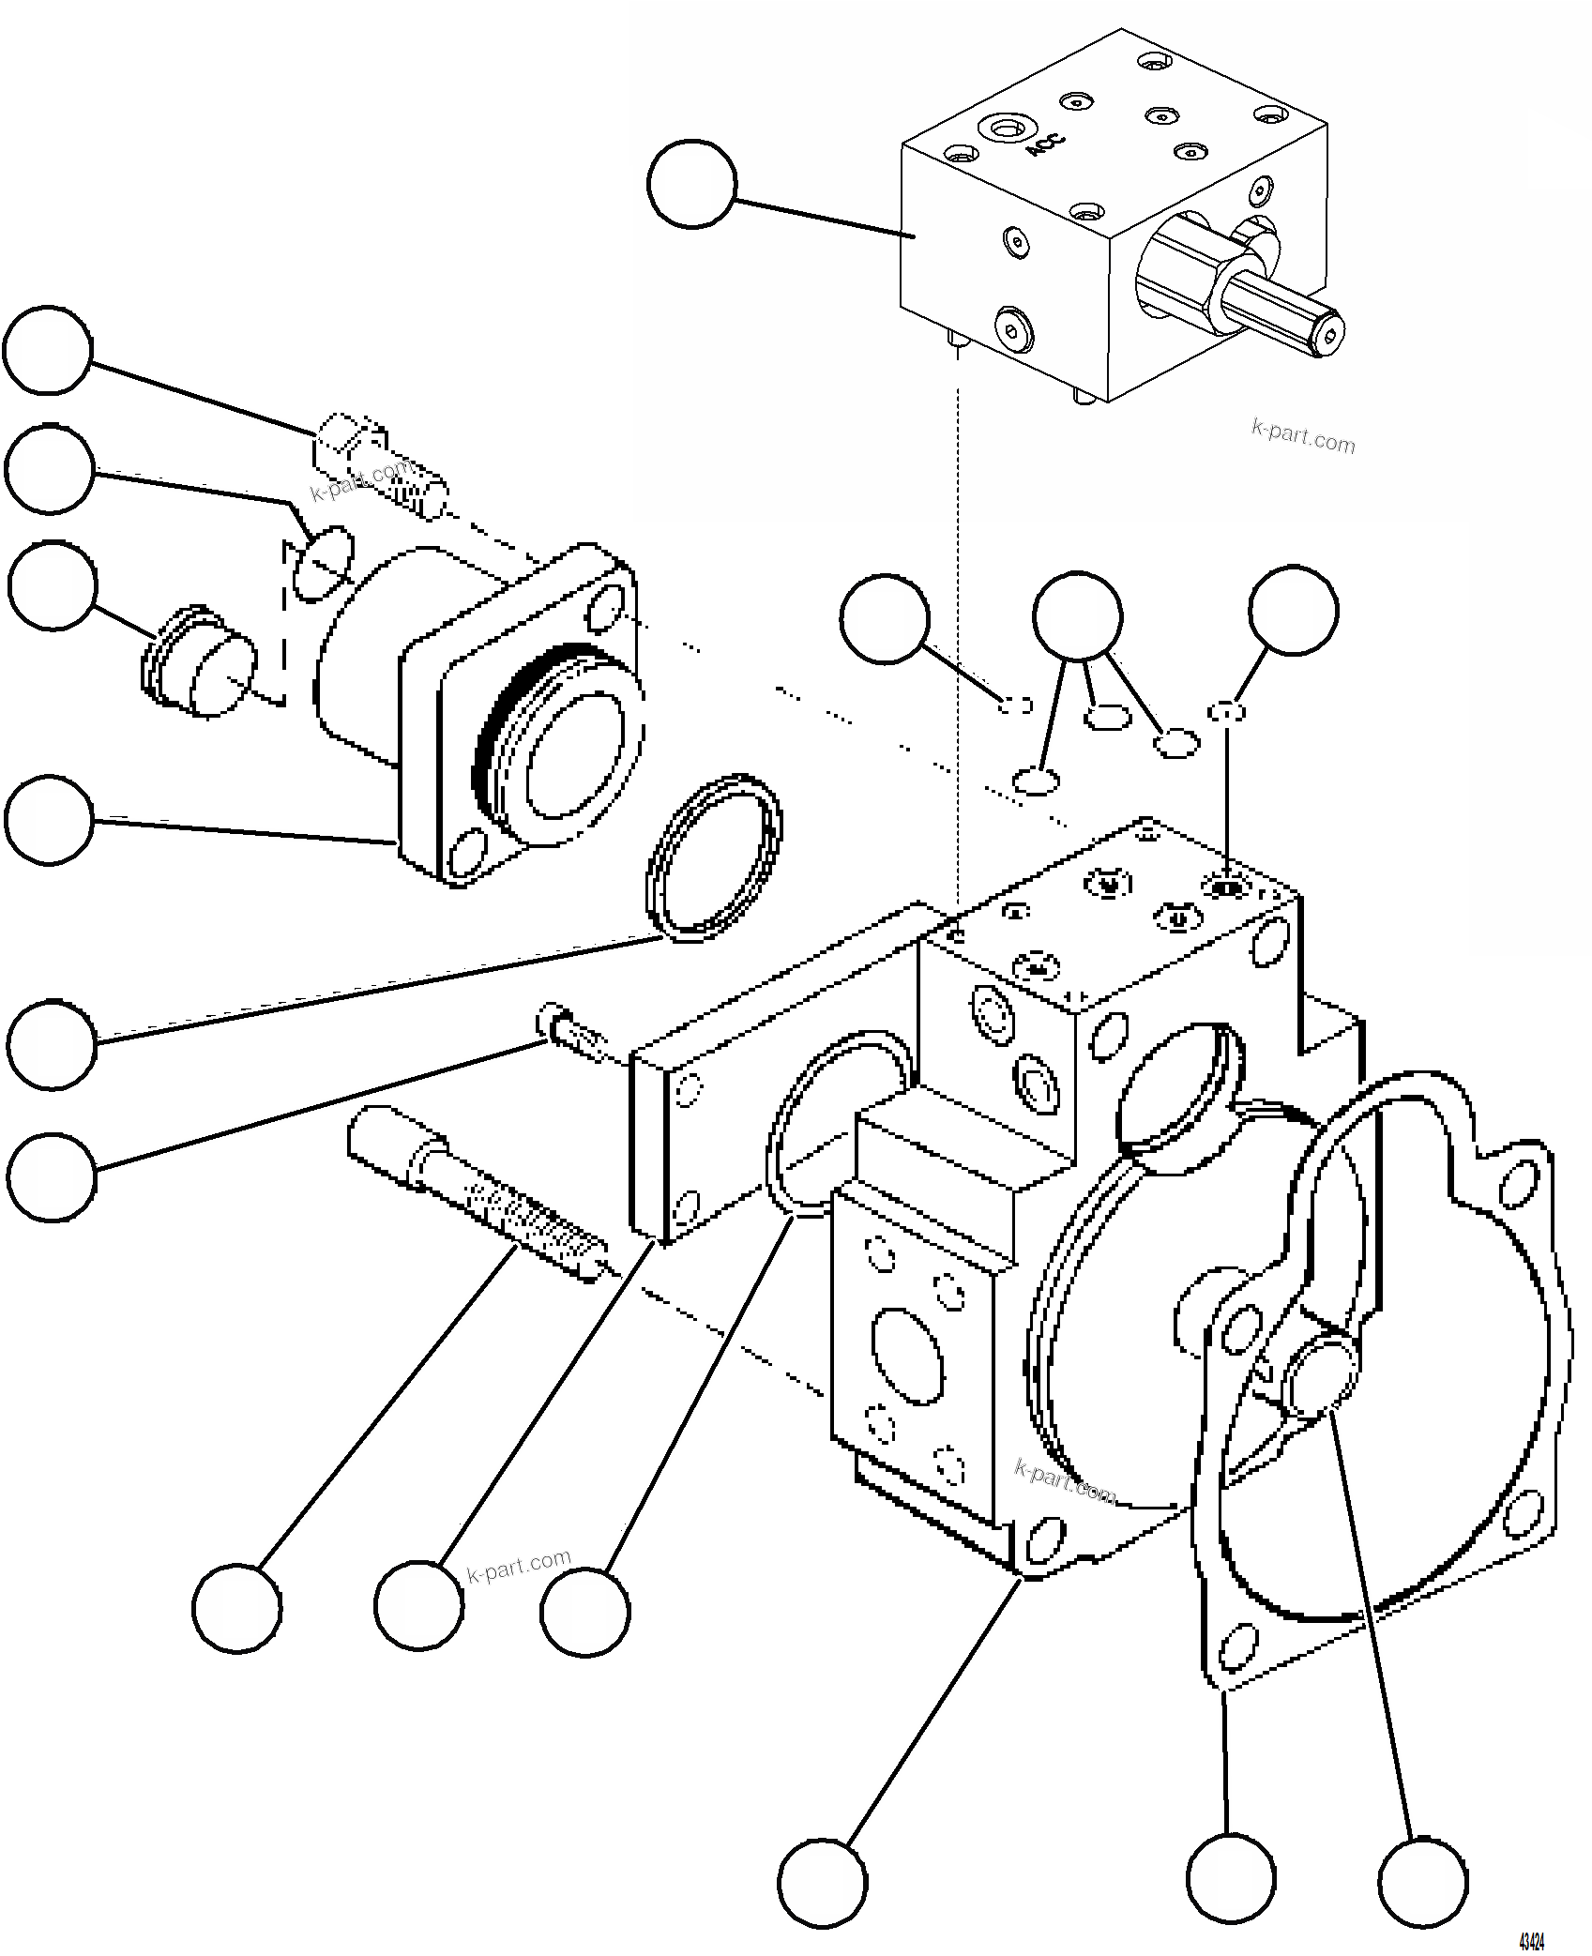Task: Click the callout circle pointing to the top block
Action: [691, 184]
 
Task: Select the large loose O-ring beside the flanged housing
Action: [713, 857]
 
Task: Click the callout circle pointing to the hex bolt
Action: [47, 350]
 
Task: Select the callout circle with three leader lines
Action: [1077, 614]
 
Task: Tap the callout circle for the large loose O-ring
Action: [52, 1044]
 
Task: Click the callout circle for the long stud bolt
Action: [236, 1608]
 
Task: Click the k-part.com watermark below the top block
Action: [1303, 437]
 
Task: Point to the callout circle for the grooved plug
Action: [53, 585]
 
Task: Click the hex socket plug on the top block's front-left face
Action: [1012, 328]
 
